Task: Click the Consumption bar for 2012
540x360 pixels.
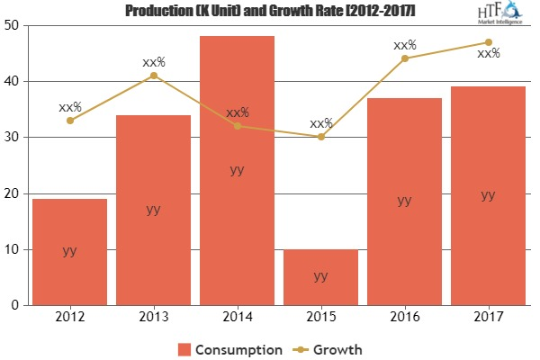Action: tap(70, 252)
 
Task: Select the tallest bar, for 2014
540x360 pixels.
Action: tap(238, 171)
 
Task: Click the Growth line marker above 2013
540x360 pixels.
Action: tap(154, 76)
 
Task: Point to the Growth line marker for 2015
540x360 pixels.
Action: tap(321, 137)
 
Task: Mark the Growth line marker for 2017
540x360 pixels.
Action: tap(488, 42)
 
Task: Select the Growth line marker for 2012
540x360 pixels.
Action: tap(70, 121)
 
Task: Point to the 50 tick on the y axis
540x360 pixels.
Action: tap(15, 25)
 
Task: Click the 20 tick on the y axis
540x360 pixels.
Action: tap(15, 193)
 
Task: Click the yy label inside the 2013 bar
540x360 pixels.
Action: tap(154, 209)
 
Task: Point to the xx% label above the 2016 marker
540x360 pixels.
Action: tap(405, 44)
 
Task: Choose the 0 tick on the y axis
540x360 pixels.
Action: tap(19, 306)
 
